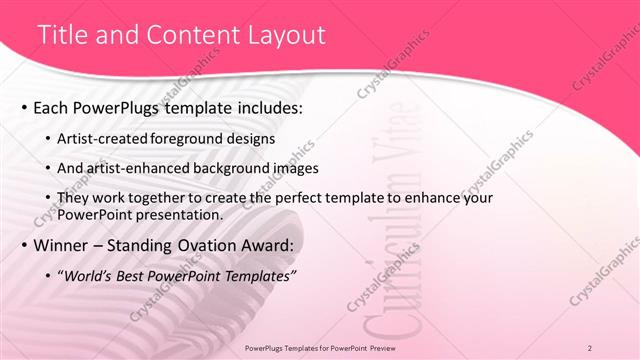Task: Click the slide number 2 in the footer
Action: tap(590, 347)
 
